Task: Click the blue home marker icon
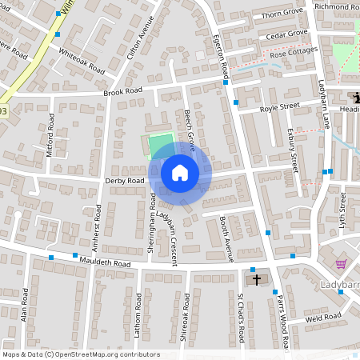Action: tap(180, 172)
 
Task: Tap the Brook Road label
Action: tap(122, 91)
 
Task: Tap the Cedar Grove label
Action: tap(286, 33)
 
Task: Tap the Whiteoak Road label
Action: tap(82, 60)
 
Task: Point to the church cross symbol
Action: tap(257, 279)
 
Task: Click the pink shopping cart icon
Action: tap(341, 264)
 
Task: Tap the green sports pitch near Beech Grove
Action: tap(161, 144)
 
